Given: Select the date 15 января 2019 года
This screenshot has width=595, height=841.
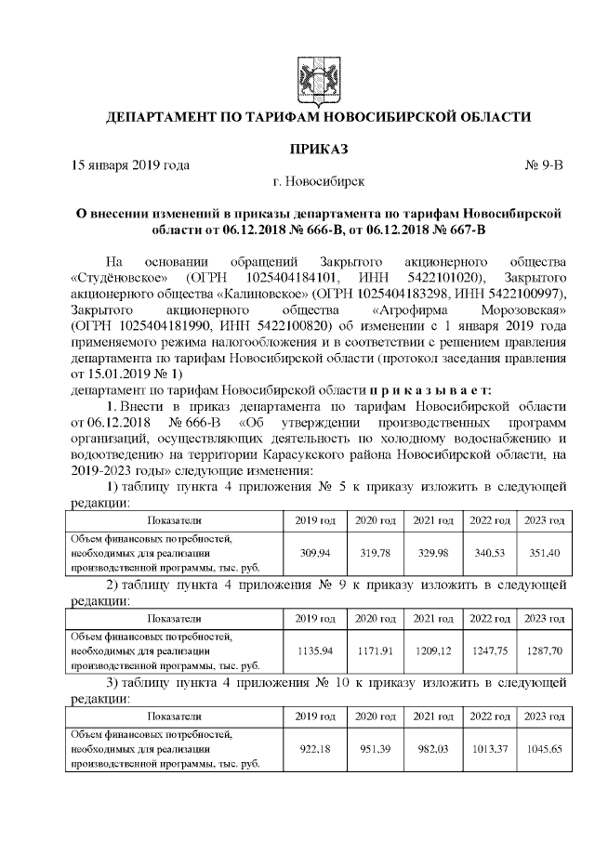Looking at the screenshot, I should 130,165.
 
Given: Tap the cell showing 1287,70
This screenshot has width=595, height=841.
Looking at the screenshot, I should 544,650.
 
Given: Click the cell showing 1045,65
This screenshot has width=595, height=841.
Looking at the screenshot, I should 544,749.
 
